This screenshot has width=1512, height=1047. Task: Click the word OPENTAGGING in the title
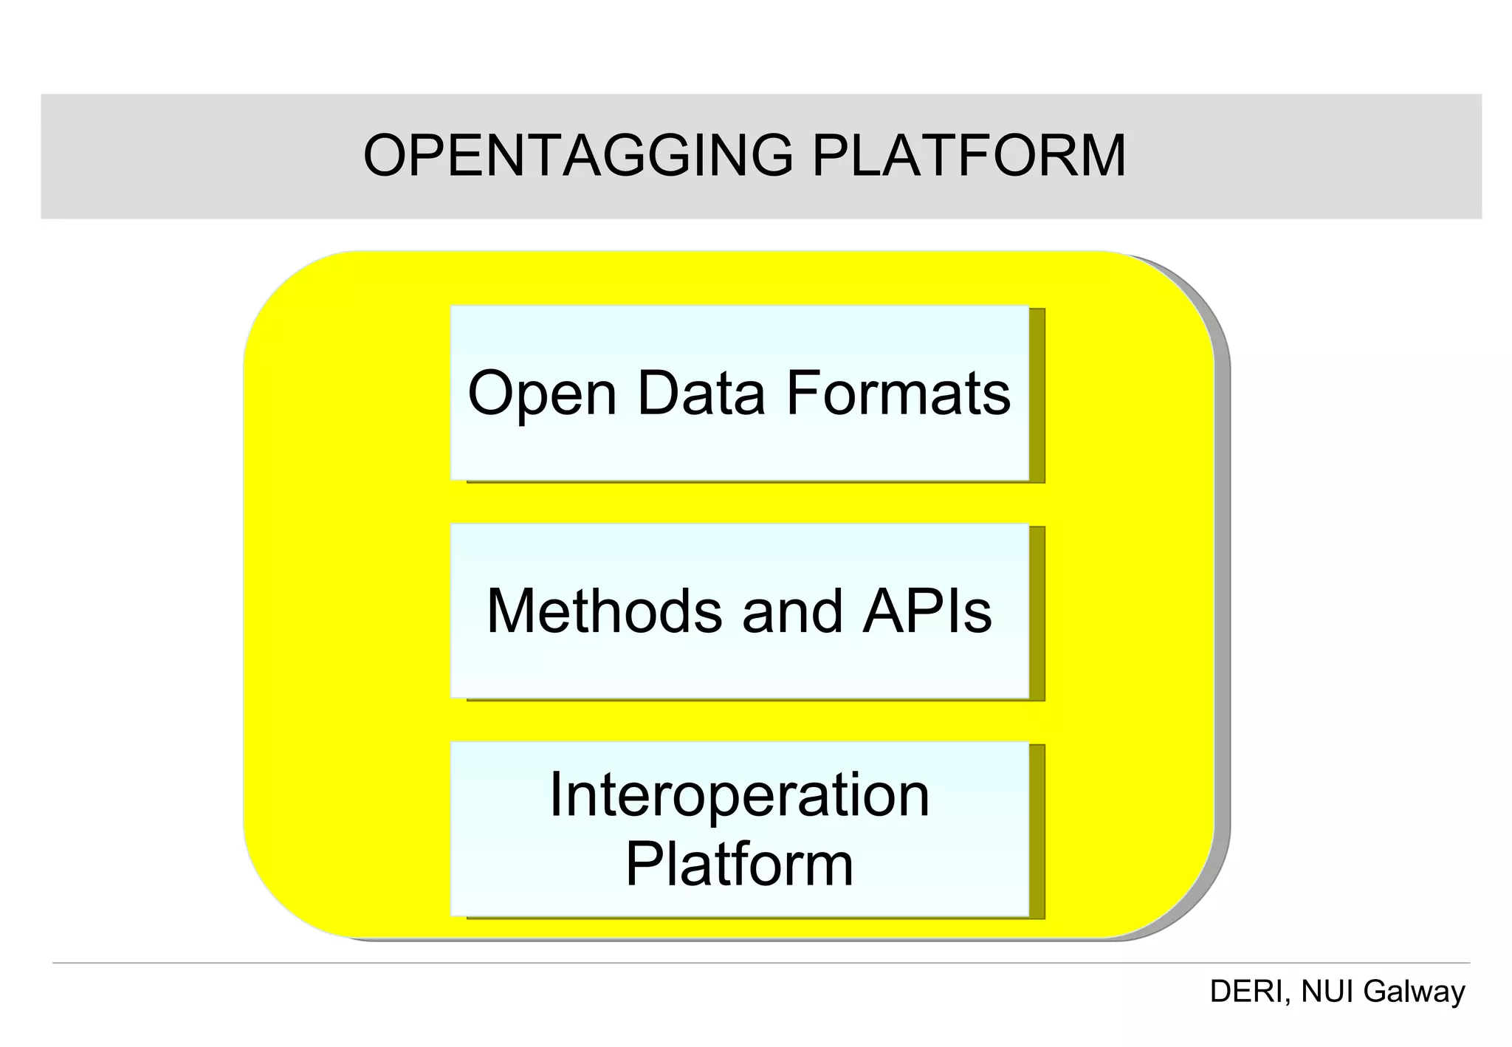(578, 157)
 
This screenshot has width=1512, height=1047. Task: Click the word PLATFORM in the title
(969, 157)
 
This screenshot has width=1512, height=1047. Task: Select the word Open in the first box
(542, 395)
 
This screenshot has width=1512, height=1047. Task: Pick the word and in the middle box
(792, 611)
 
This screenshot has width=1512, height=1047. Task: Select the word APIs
(927, 611)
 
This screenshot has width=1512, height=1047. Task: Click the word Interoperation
(739, 795)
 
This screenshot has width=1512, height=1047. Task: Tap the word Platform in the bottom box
(739, 865)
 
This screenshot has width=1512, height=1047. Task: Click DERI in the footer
(1246, 992)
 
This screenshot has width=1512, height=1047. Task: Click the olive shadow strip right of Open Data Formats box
(1037, 395)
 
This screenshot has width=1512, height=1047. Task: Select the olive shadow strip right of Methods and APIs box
(1037, 613)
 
